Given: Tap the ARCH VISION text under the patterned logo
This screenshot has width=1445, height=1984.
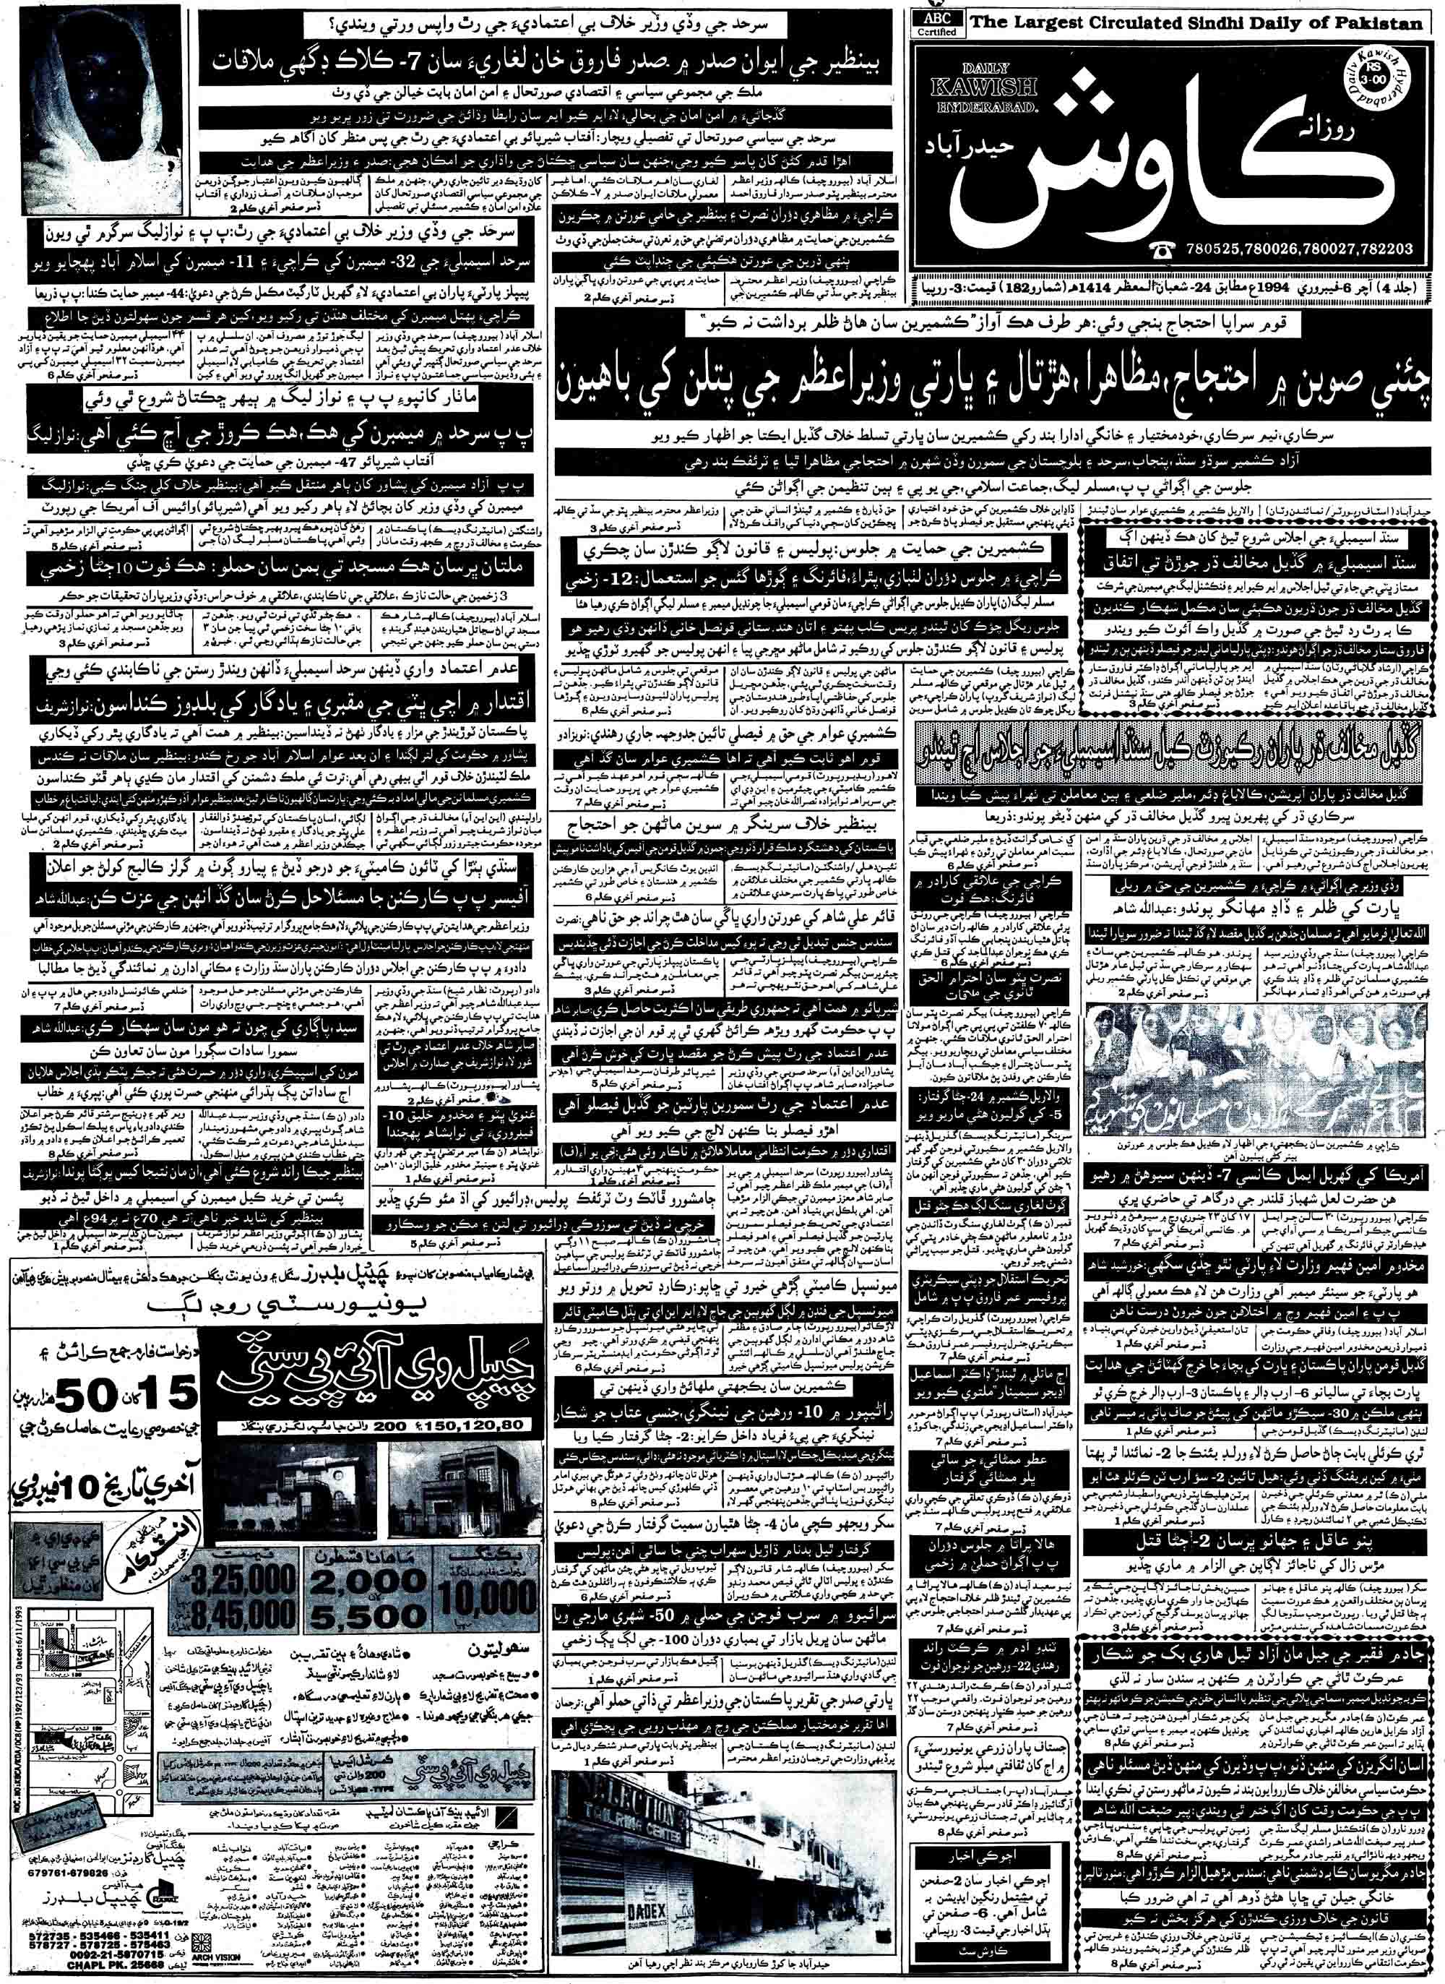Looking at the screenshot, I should pos(228,1962).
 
